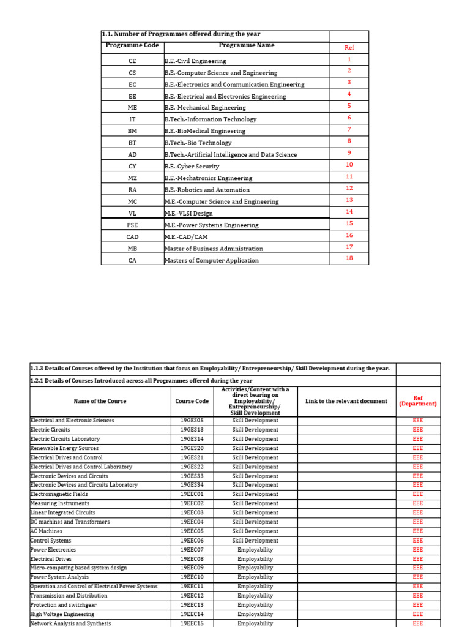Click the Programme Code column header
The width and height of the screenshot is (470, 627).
132,45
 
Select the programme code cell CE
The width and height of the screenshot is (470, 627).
133,61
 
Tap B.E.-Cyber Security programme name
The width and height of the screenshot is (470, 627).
192,167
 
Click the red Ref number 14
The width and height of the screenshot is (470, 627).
349,212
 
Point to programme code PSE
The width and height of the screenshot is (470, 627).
133,225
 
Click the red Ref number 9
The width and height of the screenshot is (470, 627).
349,153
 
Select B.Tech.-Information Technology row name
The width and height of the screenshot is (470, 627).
211,119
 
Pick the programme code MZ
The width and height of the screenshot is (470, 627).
133,178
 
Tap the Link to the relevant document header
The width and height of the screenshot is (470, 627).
346,401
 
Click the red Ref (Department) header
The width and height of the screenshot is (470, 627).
418,401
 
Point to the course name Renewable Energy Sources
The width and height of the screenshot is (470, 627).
64,448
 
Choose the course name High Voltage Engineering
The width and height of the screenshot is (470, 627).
62,614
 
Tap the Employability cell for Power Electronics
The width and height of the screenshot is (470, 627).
255,550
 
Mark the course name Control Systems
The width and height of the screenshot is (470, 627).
51,541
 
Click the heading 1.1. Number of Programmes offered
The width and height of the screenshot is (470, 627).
176,34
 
